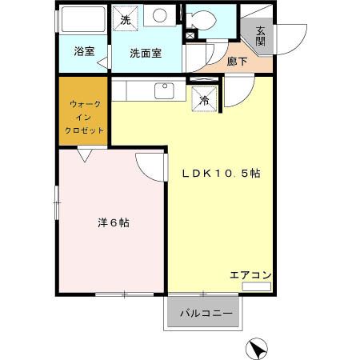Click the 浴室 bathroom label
pos(83,52)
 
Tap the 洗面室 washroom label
pos(146,53)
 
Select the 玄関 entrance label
pos(261,37)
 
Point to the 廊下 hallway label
pos(237,60)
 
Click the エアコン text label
pos(250,275)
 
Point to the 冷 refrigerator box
pos(205,100)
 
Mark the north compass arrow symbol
pos(258,348)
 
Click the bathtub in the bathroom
pos(83,20)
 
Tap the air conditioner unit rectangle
pos(257,286)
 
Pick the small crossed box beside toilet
pos(190,36)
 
